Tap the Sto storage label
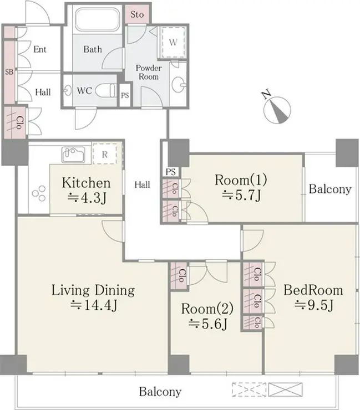pyautogui.click(x=137, y=14)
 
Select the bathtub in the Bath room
pyautogui.click(x=98, y=19)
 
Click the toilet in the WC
pyautogui.click(x=106, y=90)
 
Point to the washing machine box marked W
pyautogui.click(x=173, y=42)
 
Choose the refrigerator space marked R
pyautogui.click(x=105, y=154)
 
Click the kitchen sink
pyautogui.click(x=73, y=155)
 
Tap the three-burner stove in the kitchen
pyautogui.click(x=39, y=193)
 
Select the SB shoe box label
pyautogui.click(x=9, y=71)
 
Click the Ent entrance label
pyautogui.click(x=40, y=49)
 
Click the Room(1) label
pyautogui.click(x=241, y=180)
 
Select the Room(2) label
pyautogui.click(x=207, y=309)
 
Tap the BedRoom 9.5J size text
pyautogui.click(x=314, y=305)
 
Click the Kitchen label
pyautogui.click(x=86, y=183)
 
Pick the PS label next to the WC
pyautogui.click(x=125, y=95)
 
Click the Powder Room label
pyautogui.click(x=149, y=72)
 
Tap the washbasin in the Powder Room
pyautogui.click(x=179, y=84)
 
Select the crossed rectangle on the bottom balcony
pyautogui.click(x=285, y=389)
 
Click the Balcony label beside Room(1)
pyautogui.click(x=330, y=189)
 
